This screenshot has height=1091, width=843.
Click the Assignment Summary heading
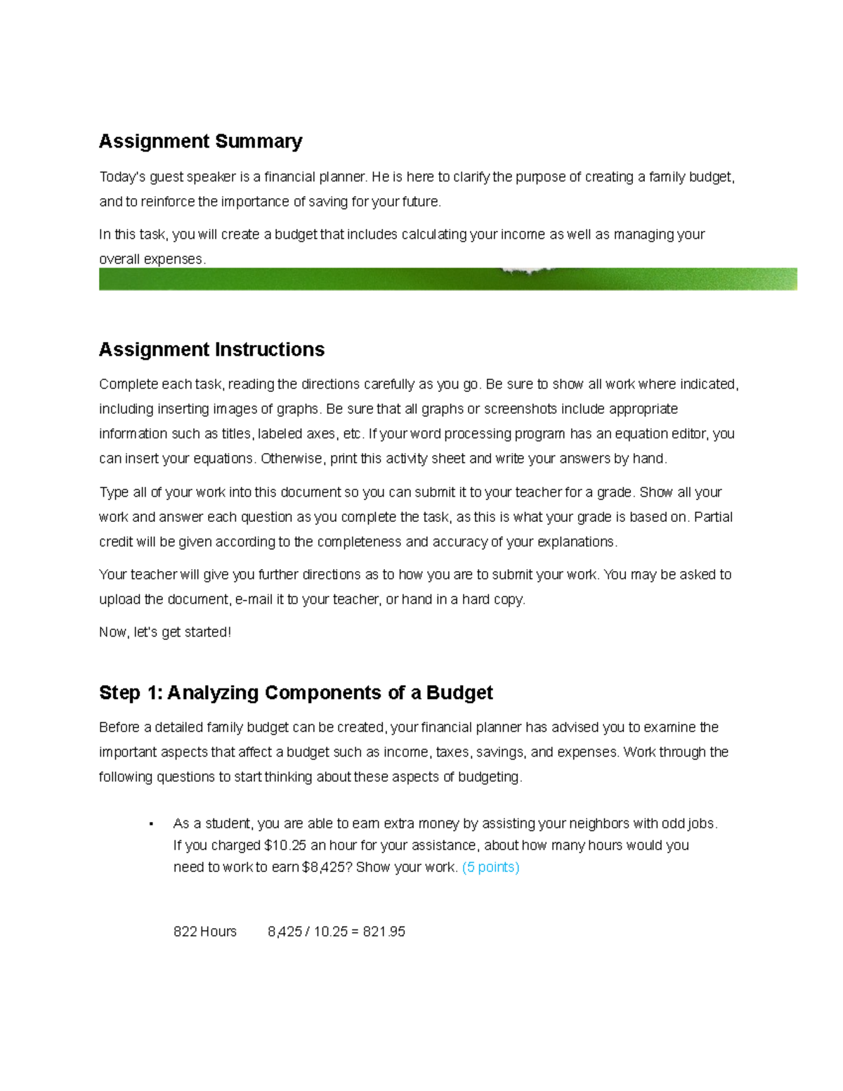pos(200,141)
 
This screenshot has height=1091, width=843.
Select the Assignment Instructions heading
pos(211,349)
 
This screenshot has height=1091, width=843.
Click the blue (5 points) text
pos(490,867)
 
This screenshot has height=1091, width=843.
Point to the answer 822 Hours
pos(204,932)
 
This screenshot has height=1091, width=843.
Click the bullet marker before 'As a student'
pos(151,824)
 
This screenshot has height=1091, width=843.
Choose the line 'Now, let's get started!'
pos(165,632)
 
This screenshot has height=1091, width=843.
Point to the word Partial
pos(713,517)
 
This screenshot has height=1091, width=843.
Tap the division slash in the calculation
pos(307,932)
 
